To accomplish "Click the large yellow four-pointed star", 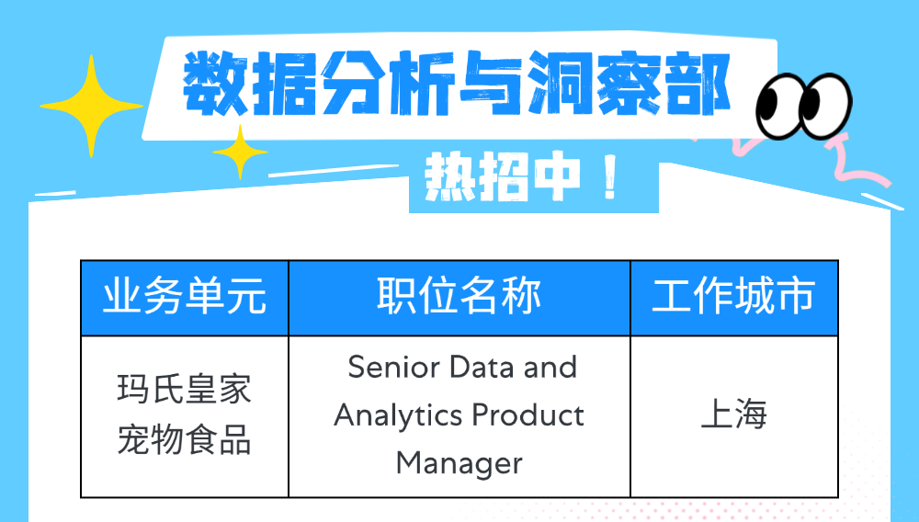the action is coord(91,106).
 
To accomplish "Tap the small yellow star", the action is coord(240,152).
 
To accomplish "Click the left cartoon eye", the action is coord(778,106).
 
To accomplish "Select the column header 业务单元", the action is coord(185,297).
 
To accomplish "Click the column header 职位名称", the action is coord(459,296).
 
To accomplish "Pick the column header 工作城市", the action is coord(733,296).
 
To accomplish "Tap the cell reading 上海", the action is coord(733,414).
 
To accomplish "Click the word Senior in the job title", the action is coord(394,368).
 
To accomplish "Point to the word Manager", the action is coord(459,463).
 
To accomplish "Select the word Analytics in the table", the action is coord(398,416).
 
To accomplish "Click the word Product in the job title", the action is coord(528,415).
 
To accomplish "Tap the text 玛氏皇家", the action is coord(185,389).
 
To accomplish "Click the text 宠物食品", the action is coord(185,440).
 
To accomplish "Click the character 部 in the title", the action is coord(698,84).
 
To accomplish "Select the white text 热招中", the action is coord(503,177).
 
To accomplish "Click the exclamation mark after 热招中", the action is coord(610,177).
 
